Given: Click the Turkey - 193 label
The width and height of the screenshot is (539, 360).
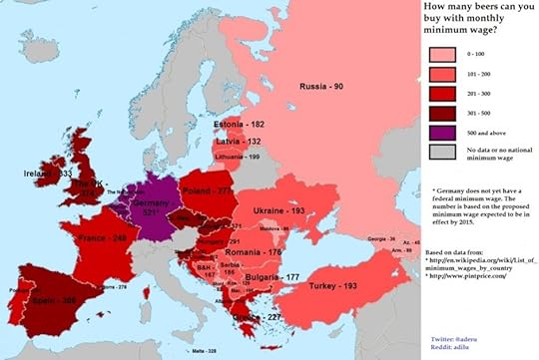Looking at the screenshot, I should click(334, 286).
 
